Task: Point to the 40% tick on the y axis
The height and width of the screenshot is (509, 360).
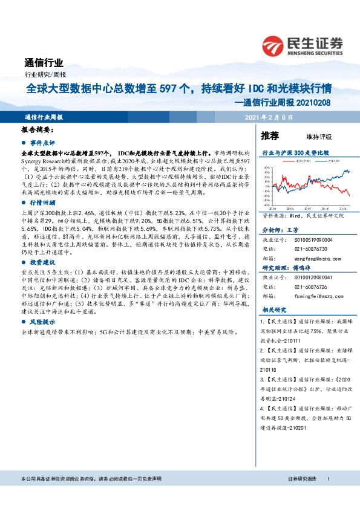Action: pos(267,167)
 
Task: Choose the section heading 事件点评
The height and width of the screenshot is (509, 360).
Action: pos(43,143)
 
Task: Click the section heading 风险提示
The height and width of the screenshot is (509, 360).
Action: pos(43,324)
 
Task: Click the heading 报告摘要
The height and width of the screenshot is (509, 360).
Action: pos(39,129)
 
